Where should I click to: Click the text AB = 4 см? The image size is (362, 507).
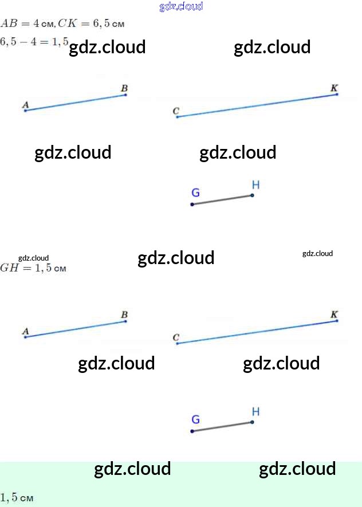point(27,23)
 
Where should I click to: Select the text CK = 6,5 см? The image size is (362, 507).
point(91,23)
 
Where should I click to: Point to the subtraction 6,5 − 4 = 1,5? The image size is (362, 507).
point(34,41)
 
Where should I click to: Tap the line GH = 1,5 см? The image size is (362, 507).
point(33,268)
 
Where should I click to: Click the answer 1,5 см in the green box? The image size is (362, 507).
point(17,498)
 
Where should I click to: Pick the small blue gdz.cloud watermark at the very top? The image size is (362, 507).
point(181,7)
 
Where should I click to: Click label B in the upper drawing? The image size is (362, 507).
point(124,88)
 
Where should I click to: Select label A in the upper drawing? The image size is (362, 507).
point(25,104)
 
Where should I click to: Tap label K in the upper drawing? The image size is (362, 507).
point(335,88)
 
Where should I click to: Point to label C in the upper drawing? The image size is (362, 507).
point(176,111)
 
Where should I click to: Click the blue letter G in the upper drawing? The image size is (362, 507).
point(195,192)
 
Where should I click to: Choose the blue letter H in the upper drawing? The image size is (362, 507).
point(255,184)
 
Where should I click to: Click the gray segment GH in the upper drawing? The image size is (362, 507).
point(222,200)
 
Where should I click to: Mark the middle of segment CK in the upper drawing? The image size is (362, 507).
point(257,105)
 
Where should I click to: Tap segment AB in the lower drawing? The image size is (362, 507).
point(76,329)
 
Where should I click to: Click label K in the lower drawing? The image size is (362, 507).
point(335,315)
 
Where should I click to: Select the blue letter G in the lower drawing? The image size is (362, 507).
point(195,419)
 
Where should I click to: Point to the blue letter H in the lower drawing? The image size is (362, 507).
point(255,411)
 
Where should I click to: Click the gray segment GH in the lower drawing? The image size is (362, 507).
point(222,427)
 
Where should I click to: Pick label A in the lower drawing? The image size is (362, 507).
point(25,331)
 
